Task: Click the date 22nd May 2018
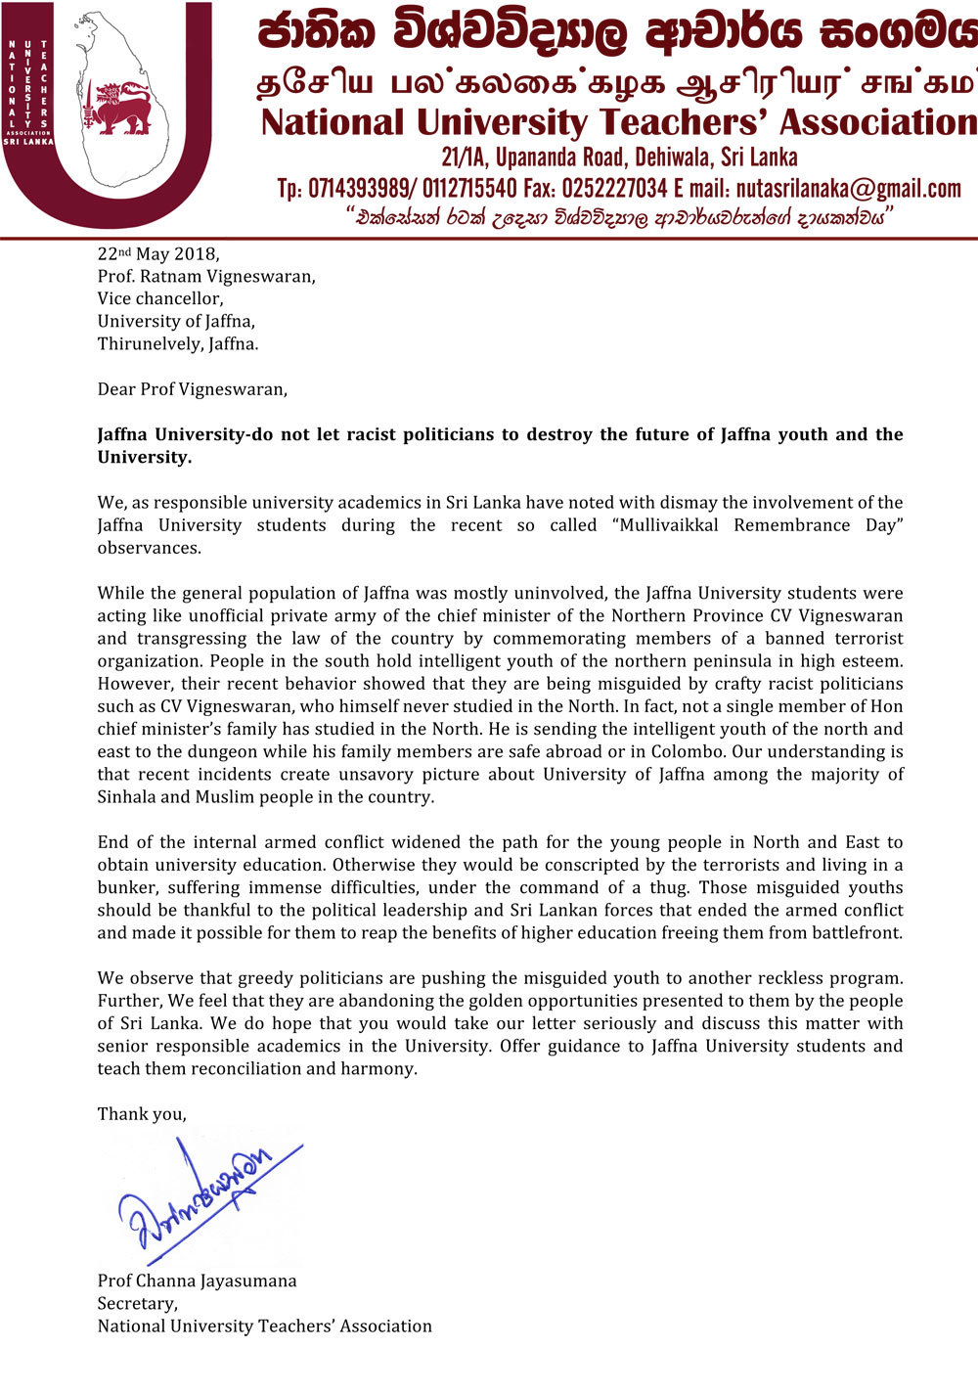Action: [x=157, y=254]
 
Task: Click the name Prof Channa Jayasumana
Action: [x=197, y=1281]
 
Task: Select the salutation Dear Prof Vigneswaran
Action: [x=192, y=389]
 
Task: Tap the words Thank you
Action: [x=141, y=1113]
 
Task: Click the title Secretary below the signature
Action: [x=137, y=1303]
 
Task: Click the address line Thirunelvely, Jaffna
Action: [x=177, y=343]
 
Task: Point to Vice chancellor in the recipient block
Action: [x=159, y=298]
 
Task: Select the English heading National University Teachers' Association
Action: [x=618, y=123]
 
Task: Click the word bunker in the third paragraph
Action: [x=126, y=887]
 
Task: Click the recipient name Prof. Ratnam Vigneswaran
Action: [x=206, y=276]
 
